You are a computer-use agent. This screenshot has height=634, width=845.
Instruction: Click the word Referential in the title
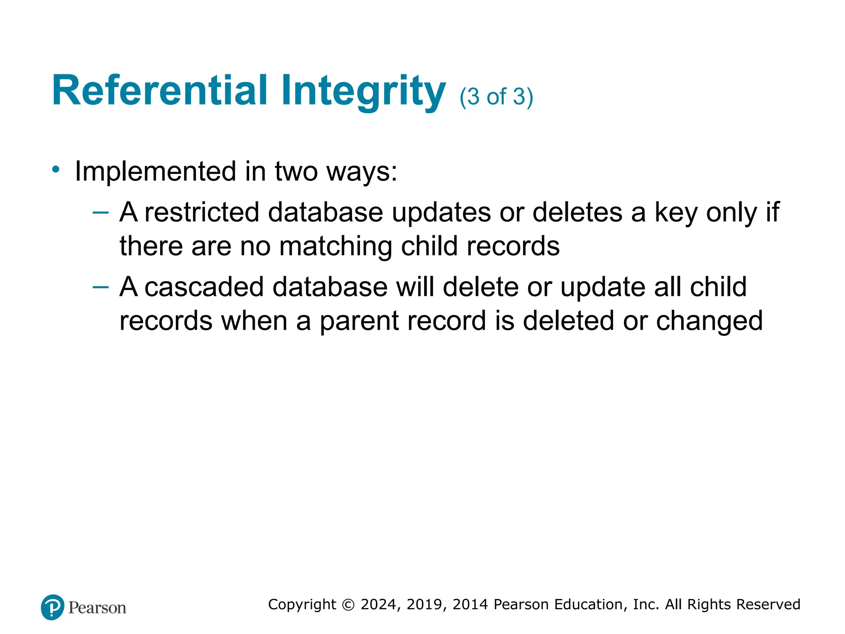pyautogui.click(x=160, y=90)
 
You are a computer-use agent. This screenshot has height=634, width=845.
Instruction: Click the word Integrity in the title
pyautogui.click(x=363, y=91)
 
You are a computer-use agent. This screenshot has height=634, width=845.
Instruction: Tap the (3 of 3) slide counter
pyautogui.click(x=496, y=97)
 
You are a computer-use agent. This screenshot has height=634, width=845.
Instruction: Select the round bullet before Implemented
pyautogui.click(x=56, y=169)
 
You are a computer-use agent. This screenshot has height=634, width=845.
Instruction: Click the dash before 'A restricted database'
pyautogui.click(x=100, y=213)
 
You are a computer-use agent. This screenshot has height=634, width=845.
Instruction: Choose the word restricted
pyautogui.click(x=201, y=213)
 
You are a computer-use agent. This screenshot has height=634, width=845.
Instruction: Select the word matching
pyautogui.click(x=335, y=246)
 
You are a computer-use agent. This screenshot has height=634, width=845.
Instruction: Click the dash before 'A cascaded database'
pyautogui.click(x=100, y=287)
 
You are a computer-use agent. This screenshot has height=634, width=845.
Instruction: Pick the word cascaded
pyautogui.click(x=204, y=287)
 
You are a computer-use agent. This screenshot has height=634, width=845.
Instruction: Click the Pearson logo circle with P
pyautogui.click(x=53, y=607)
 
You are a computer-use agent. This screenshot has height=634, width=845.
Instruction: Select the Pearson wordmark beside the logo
pyautogui.click(x=97, y=608)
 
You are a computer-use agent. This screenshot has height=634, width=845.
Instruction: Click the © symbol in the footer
pyautogui.click(x=348, y=605)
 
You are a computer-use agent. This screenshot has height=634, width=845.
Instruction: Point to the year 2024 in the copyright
pyautogui.click(x=379, y=604)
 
